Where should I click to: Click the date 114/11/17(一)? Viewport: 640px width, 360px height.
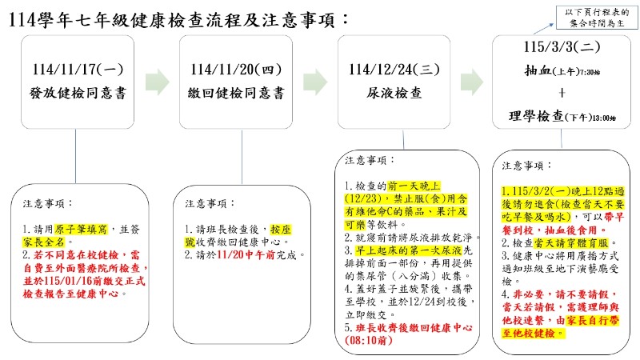[x=75, y=70]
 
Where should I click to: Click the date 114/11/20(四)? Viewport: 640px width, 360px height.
[x=234, y=70]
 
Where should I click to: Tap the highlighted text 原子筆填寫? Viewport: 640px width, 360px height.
[x=78, y=228]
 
